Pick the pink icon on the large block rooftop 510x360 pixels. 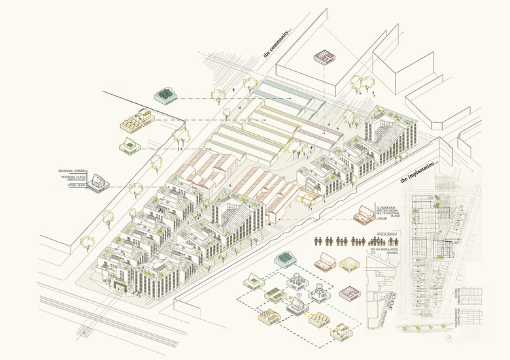pos(324,57)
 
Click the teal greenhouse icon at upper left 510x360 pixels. pos(167,96)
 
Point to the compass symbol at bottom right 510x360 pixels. pos(449,339)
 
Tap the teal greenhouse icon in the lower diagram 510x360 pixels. pos(285,261)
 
